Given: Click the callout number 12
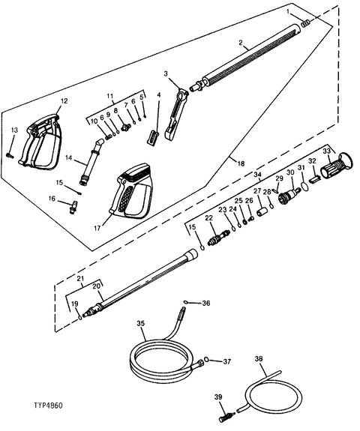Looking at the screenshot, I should click(64, 100).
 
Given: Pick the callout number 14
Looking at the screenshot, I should click(68, 159).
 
